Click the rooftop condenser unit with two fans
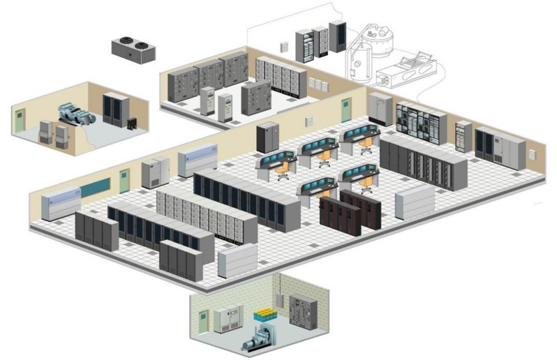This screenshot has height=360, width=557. point(133,50)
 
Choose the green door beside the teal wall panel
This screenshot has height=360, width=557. point(124,181)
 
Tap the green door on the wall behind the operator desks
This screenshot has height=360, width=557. point(345,110)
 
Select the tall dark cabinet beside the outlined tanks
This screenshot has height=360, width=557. point(338,36)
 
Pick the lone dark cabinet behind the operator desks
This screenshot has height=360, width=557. point(268,137)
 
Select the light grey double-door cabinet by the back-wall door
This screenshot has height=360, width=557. point(381,109)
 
